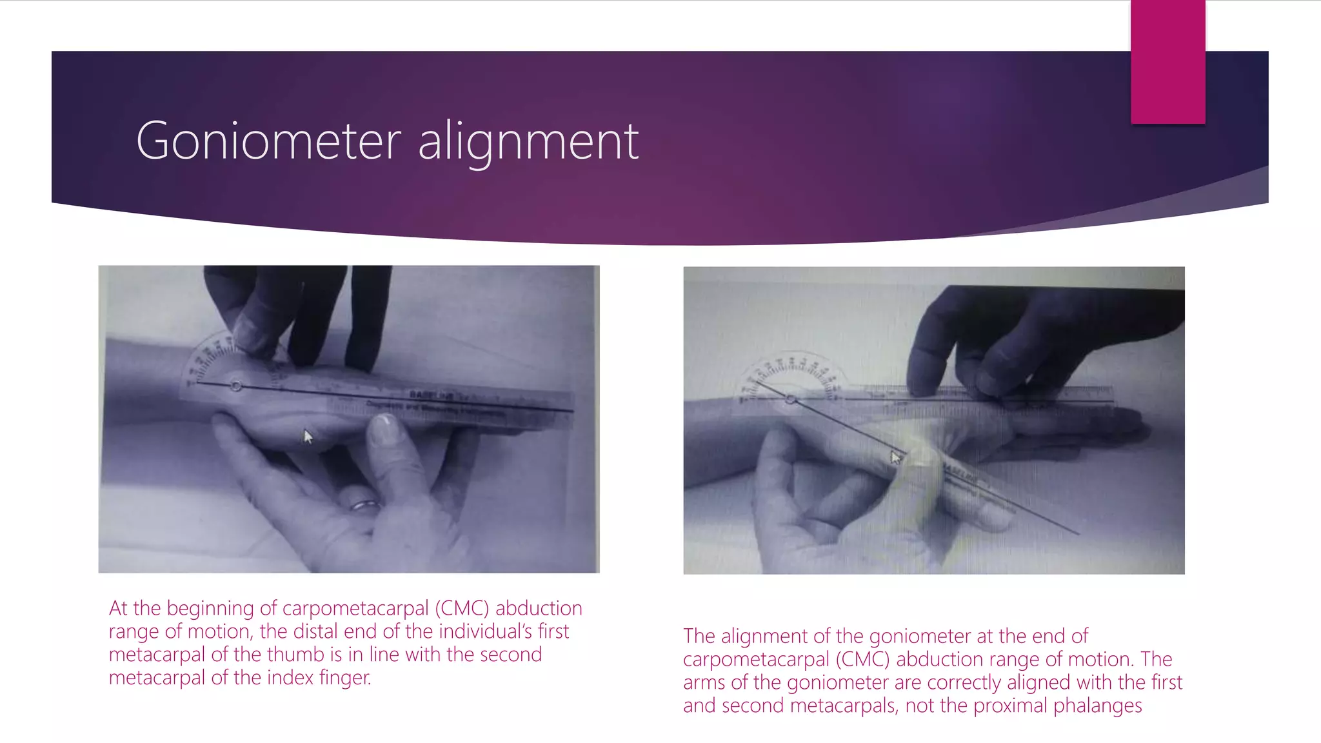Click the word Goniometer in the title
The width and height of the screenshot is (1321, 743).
(x=268, y=141)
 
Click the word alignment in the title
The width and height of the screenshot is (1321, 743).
(x=528, y=142)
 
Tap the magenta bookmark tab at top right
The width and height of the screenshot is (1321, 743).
(x=1167, y=62)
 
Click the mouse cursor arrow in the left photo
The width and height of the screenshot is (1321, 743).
(x=308, y=437)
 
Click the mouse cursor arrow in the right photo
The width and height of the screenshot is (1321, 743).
(x=896, y=457)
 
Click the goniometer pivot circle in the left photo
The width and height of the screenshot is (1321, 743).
(x=236, y=385)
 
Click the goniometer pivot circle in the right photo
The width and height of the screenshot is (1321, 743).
(x=791, y=400)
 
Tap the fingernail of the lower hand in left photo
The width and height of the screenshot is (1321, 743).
(x=385, y=426)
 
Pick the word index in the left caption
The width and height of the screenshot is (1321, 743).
(x=290, y=678)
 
